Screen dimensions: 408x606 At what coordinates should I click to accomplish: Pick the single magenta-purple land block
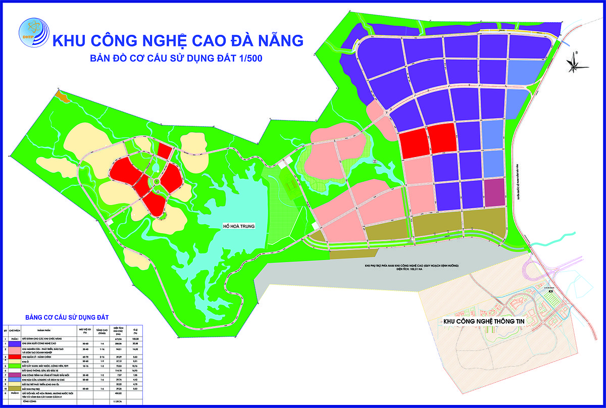tap(494, 192)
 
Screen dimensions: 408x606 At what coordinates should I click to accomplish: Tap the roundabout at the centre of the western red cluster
tap(157, 181)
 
